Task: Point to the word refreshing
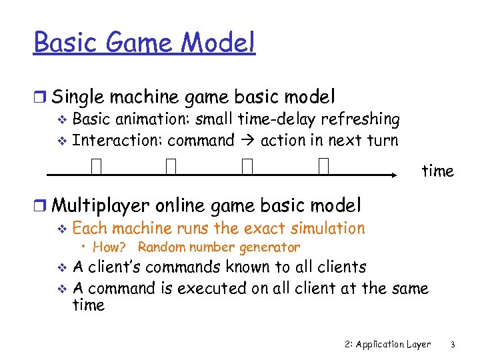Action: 361,119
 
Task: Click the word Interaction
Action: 118,140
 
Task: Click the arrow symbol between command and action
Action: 247,141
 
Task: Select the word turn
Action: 382,140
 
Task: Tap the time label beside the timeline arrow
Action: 437,171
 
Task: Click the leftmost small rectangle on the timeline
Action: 97,166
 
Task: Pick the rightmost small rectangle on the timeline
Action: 324,166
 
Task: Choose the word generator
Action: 271,247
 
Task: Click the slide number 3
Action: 452,345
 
